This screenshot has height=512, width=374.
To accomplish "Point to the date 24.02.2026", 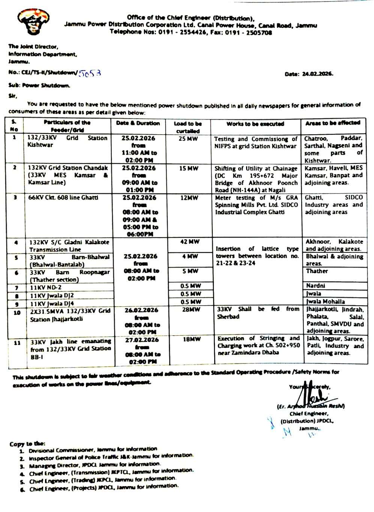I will click(318, 74).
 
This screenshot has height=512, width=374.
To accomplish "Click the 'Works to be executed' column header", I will click(255, 124).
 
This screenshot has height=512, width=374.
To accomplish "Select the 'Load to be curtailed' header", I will click(188, 127).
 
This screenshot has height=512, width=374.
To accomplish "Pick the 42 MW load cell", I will click(189, 242).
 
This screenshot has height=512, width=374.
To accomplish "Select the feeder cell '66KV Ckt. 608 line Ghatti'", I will click(63, 198).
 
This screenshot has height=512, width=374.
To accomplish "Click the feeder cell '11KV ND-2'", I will click(46, 288).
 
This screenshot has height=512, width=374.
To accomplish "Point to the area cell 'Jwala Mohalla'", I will click(325, 302).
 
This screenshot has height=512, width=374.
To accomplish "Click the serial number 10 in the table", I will click(17, 312).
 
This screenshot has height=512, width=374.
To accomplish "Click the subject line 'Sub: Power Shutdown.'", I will click(39, 86).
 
